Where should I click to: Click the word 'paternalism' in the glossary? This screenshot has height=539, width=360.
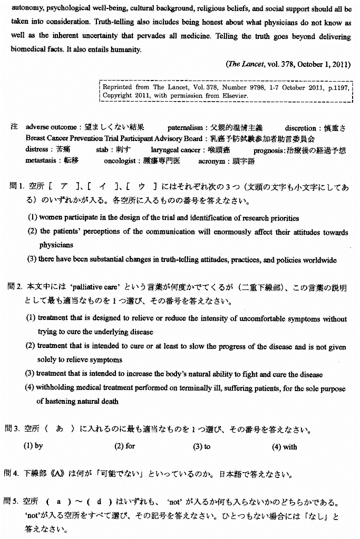(185, 128)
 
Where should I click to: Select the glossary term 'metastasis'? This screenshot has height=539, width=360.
(42, 161)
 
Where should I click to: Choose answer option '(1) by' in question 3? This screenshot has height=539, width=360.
(33, 446)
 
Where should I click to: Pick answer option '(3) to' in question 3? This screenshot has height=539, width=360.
(201, 446)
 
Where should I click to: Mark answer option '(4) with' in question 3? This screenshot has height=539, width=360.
(285, 447)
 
